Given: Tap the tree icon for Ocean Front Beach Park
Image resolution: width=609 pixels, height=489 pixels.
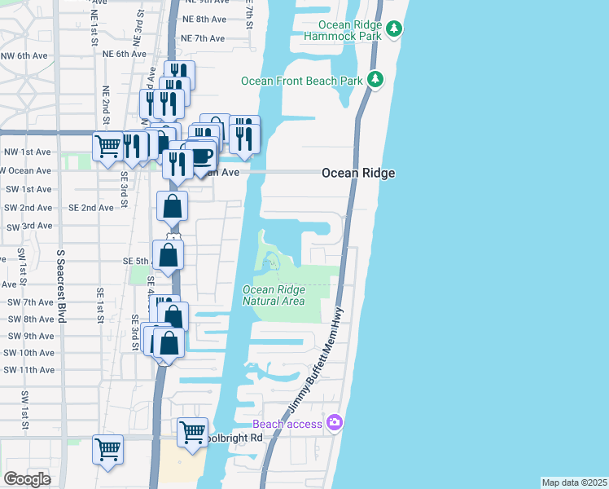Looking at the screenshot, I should pyautogui.click(x=375, y=79).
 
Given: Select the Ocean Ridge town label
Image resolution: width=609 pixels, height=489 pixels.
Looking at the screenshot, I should pyautogui.click(x=358, y=173).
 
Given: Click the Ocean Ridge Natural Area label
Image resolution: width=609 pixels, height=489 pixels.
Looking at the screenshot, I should pyautogui.click(x=274, y=295).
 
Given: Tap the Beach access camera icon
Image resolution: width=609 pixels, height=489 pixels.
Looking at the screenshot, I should pyautogui.click(x=333, y=422).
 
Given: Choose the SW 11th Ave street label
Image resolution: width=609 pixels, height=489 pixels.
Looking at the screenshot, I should pyautogui.click(x=28, y=370).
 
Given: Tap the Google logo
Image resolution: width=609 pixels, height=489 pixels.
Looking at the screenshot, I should pyautogui.click(x=28, y=478).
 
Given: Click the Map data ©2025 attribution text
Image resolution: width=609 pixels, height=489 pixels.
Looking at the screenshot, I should pyautogui.click(x=574, y=482).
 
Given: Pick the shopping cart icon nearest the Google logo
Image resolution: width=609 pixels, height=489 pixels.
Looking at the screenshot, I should pyautogui.click(x=107, y=449).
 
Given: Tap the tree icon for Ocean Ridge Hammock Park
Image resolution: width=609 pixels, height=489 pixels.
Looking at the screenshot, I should pyautogui.click(x=395, y=29).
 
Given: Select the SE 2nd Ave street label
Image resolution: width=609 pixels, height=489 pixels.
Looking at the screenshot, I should pyautogui.click(x=91, y=208).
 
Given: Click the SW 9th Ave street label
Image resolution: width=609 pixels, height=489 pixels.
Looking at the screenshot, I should pyautogui.click(x=28, y=336).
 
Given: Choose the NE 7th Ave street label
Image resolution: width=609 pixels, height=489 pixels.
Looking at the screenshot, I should pyautogui.click(x=203, y=38).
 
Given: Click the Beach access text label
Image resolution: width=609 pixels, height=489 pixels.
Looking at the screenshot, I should pyautogui.click(x=288, y=424).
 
